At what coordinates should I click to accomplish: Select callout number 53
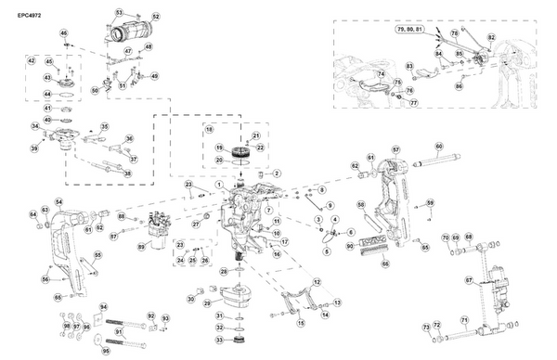pos(118,12)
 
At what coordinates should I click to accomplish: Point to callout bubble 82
pos(492,36)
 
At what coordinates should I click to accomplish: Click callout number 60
pos(439,146)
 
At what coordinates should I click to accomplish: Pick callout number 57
pos(395,149)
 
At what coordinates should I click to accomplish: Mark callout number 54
pos(58,201)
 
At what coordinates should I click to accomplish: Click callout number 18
pos(210,129)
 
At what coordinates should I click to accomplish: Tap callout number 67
pos(469,279)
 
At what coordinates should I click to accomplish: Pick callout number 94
pos(104,307)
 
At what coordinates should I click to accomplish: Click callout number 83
pos(409,67)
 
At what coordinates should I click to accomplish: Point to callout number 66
pos(384,264)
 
